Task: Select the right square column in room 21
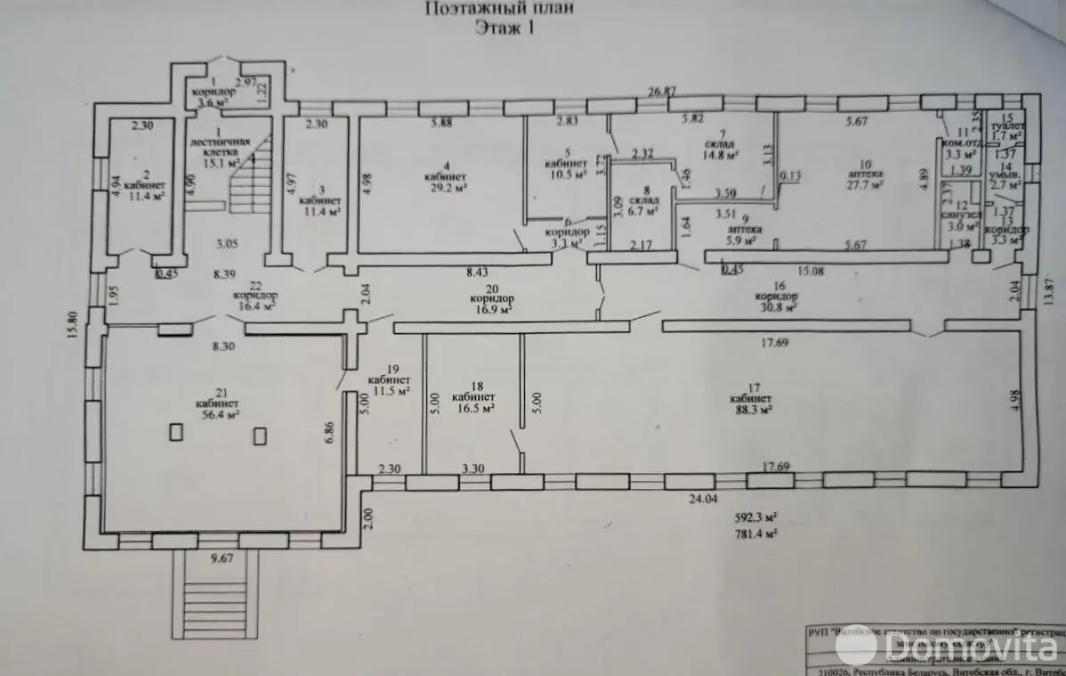(260, 436)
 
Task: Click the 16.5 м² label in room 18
(473, 411)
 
